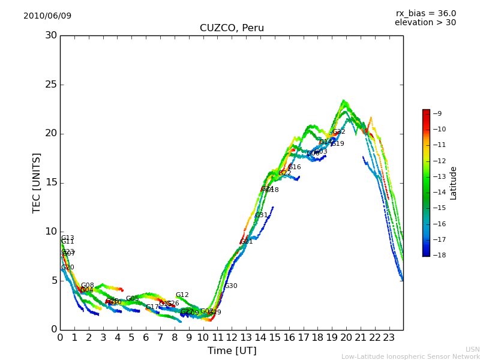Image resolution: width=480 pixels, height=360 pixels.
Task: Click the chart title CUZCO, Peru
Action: pyautogui.click(x=232, y=28)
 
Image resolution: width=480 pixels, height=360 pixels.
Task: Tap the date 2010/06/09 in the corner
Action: pyautogui.click(x=47, y=16)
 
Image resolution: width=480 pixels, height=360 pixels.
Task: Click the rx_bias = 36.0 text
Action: pyautogui.click(x=425, y=13)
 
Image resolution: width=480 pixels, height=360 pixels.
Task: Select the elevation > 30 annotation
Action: pyautogui.click(x=425, y=23)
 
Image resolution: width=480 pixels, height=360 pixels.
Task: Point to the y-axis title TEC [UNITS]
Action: pyautogui.click(x=37, y=182)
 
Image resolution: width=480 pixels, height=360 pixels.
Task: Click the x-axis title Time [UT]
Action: pyautogui.click(x=232, y=351)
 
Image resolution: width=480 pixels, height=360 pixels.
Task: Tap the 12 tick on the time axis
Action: pyautogui.click(x=232, y=338)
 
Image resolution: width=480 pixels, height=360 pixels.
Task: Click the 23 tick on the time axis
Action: pyautogui.click(x=389, y=338)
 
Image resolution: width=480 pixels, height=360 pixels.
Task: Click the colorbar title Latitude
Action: pyautogui.click(x=454, y=182)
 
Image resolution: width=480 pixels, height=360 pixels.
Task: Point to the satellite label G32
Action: pyautogui.click(x=339, y=132)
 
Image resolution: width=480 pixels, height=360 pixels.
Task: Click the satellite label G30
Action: pyautogui.click(x=231, y=286)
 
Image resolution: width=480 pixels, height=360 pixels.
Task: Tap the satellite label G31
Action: pyautogui.click(x=262, y=215)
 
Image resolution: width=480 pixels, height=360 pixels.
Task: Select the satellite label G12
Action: pyautogui.click(x=182, y=295)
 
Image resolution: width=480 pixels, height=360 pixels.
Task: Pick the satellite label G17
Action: pyautogui.click(x=152, y=307)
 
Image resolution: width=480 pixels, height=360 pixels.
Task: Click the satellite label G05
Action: pyautogui.click(x=133, y=299)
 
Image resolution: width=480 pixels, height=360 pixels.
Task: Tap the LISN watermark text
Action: pyautogui.click(x=472, y=349)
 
